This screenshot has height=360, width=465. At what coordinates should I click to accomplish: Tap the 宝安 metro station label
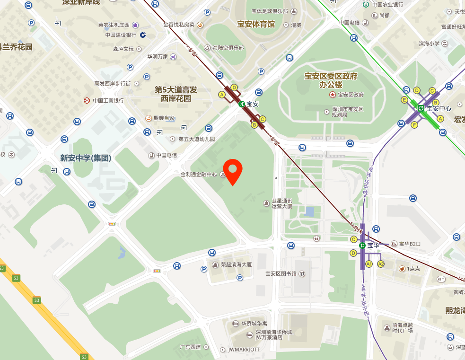coord(252,104)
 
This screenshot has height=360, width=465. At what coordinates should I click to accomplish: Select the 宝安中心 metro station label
coord(439,108)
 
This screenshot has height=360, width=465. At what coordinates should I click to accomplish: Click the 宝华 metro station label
coord(373,245)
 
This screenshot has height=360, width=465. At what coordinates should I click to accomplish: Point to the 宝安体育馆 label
coord(256,24)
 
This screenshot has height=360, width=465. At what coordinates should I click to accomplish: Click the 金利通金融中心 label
coord(199,174)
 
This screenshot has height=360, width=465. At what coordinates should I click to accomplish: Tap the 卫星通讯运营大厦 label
coord(282,203)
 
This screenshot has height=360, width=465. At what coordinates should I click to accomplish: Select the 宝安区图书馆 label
coord(281,273)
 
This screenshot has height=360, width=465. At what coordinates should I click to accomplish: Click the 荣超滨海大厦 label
coord(236,264)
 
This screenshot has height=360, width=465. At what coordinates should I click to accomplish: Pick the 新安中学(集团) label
coord(86,158)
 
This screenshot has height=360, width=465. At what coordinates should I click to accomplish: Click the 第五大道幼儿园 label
coord(196,139)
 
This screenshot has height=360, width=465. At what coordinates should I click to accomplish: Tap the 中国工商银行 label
coord(108,100)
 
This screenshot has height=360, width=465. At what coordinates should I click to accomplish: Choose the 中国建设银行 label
coord(121,35)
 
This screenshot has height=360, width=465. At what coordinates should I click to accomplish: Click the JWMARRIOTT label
coord(244,350)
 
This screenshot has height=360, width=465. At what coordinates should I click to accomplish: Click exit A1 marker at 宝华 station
coord(369,264)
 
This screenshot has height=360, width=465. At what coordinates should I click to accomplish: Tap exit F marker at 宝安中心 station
coord(414,125)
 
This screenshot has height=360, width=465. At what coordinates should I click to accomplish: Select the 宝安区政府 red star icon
coord(332,95)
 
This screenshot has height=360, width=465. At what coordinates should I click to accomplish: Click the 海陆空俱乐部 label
coord(228,48)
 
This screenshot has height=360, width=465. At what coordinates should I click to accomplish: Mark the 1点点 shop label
coord(413,269)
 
